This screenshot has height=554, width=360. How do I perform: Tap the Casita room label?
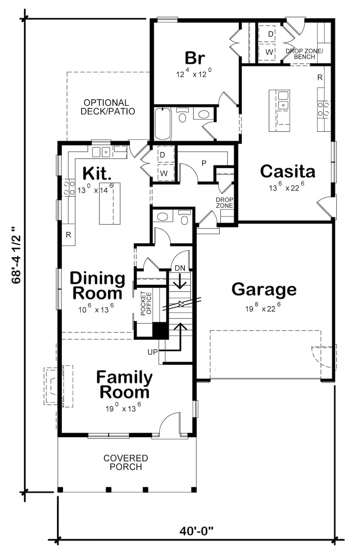click(287, 171)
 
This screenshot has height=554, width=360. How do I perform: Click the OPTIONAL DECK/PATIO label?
click(108, 107)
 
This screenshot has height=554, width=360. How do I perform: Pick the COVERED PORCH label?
click(126, 462)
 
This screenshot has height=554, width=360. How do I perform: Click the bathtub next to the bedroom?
click(163, 124)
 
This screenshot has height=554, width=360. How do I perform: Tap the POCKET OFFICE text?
click(146, 303)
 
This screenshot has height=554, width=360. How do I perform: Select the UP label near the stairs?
click(152, 352)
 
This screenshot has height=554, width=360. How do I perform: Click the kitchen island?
click(110, 203)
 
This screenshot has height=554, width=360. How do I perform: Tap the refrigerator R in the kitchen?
click(68, 235)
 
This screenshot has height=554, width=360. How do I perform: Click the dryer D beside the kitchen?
click(162, 155)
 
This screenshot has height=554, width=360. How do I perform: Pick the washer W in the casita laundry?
click(269, 52)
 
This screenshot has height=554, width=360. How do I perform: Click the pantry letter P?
click(204, 163)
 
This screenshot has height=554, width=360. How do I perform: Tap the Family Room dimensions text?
click(123, 408)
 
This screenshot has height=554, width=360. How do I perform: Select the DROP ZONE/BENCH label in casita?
click(304, 54)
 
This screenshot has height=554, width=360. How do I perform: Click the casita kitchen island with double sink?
click(279, 110)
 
